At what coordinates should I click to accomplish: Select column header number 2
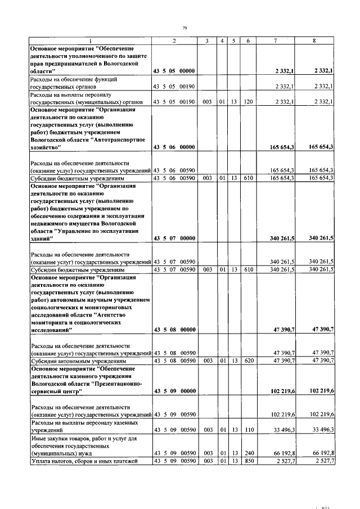pos(174,41)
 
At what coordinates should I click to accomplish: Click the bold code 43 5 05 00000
pos(174,71)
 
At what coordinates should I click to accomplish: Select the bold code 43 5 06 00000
pos(174,147)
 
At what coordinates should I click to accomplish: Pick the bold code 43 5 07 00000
pos(174,238)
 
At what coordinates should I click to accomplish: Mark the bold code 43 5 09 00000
pos(174,390)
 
